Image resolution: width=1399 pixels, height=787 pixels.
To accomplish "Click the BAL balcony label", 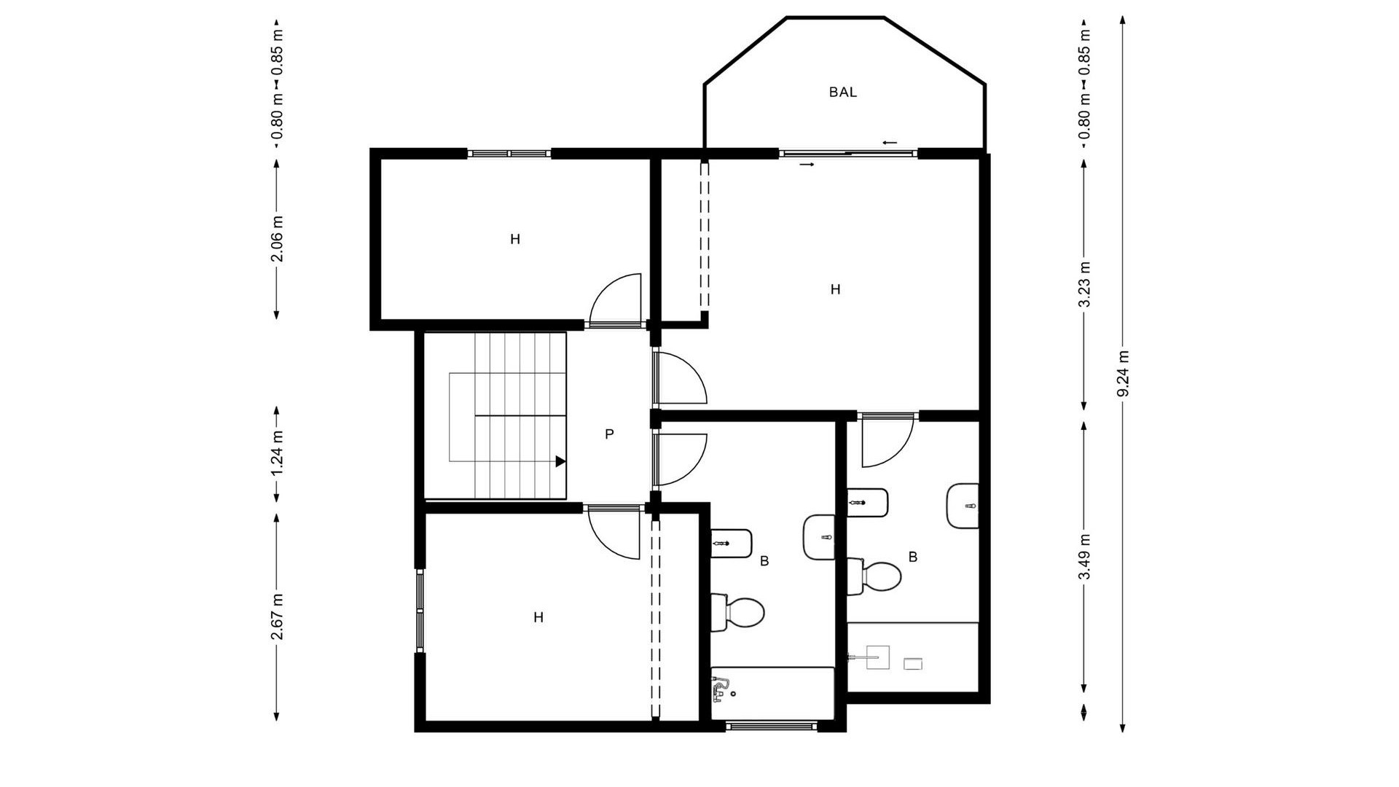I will (x=842, y=93).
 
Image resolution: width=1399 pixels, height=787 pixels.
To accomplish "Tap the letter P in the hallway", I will (x=609, y=435).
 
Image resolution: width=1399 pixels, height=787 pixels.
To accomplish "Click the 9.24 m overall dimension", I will (x=1123, y=374).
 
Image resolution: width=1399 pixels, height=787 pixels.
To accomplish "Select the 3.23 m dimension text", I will (x=1084, y=284).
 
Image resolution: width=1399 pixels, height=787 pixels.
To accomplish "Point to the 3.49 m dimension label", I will (x=1084, y=557).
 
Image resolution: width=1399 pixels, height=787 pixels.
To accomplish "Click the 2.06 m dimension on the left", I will (x=277, y=239).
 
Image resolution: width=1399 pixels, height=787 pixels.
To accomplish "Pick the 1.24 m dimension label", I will (x=277, y=453).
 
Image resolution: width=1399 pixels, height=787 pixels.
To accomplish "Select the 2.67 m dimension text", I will (x=277, y=616).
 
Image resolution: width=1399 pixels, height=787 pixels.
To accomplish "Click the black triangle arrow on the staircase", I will (x=560, y=461).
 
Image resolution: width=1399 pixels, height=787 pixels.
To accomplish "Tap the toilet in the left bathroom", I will (x=739, y=612).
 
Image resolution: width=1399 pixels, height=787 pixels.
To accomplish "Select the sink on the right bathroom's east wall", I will (x=963, y=506).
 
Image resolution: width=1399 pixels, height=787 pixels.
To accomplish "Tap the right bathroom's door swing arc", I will (x=886, y=442).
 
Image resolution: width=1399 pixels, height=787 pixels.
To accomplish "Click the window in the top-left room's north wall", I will (x=508, y=154).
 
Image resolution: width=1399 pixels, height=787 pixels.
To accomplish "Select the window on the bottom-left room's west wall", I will (x=420, y=611).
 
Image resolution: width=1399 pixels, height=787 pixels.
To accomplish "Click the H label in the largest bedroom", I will (x=835, y=290).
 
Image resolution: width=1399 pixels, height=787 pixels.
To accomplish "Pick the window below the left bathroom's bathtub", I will (x=772, y=725).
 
